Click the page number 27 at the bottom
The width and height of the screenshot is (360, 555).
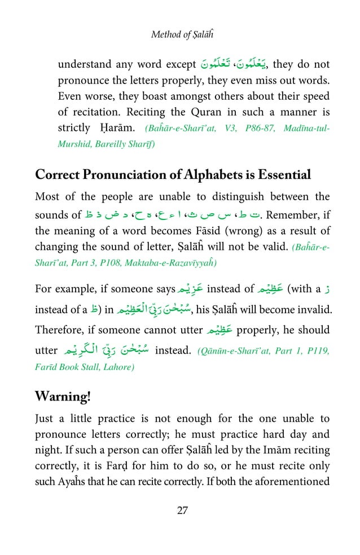pyautogui.click(x=182, y=510)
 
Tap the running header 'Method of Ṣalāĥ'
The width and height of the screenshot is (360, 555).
pyautogui.click(x=179, y=35)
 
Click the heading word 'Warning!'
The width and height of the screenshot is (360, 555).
pyautogui.click(x=62, y=397)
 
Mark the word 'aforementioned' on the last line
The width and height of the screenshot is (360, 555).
pyautogui.click(x=294, y=482)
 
